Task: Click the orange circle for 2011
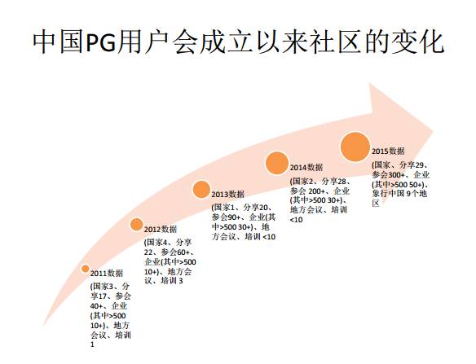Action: pos(86,269)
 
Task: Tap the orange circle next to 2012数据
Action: pos(137,225)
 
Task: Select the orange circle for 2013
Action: pos(201,189)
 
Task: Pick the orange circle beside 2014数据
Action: pos(277,163)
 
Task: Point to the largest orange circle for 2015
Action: pos(355,147)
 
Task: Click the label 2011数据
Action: pos(107,274)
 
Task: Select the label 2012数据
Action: pos(161,230)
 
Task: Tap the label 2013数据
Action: pos(227,194)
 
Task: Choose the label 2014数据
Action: pos(306,168)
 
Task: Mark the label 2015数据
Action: pos(388,151)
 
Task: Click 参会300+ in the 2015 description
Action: pos(389,175)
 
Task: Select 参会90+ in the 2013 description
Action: pos(226,217)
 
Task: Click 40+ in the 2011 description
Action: pos(96,306)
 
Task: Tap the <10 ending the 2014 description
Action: pos(297,220)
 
